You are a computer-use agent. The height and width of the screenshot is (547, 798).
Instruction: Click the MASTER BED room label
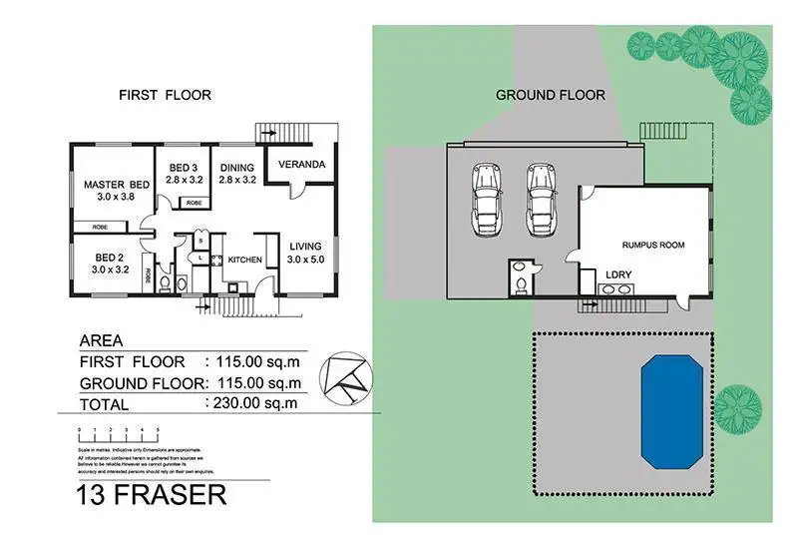117,185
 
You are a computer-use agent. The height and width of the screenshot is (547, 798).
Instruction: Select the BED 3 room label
186,168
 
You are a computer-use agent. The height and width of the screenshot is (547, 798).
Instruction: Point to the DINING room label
237,168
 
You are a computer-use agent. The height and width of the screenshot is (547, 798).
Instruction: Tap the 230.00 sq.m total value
252,403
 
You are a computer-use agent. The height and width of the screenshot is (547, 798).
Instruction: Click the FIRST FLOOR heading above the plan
165,96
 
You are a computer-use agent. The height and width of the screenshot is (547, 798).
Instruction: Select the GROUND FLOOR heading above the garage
551,96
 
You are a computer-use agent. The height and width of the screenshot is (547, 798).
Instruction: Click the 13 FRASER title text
151,495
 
